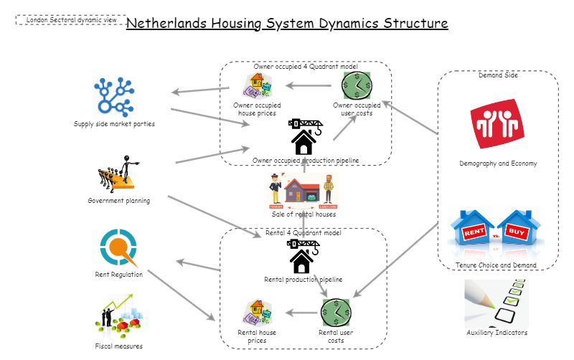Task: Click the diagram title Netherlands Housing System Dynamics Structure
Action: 287,23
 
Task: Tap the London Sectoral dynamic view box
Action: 71,20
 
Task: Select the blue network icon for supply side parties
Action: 115,97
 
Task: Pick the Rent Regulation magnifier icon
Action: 118,248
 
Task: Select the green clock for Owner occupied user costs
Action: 357,86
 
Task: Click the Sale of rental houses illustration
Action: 303,191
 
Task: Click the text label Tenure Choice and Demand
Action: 496,265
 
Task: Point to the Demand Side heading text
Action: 498,74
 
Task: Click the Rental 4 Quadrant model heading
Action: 304,232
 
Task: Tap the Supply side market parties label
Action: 114,124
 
